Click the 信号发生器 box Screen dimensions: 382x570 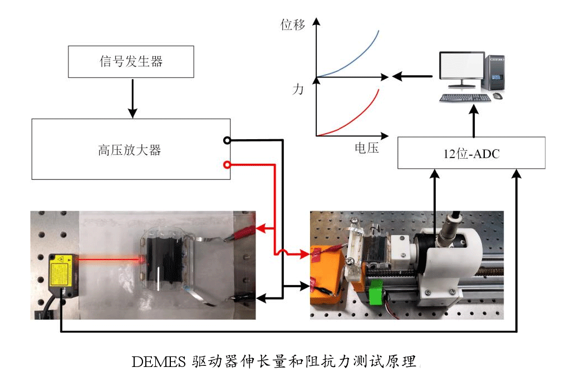coord(131,62)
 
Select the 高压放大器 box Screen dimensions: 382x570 coord(131,149)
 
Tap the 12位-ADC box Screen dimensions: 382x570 coord(471,154)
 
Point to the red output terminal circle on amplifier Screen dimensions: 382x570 coord(227,164)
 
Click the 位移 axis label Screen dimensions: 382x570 coord(293,26)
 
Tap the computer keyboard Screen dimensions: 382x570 coord(464,98)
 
